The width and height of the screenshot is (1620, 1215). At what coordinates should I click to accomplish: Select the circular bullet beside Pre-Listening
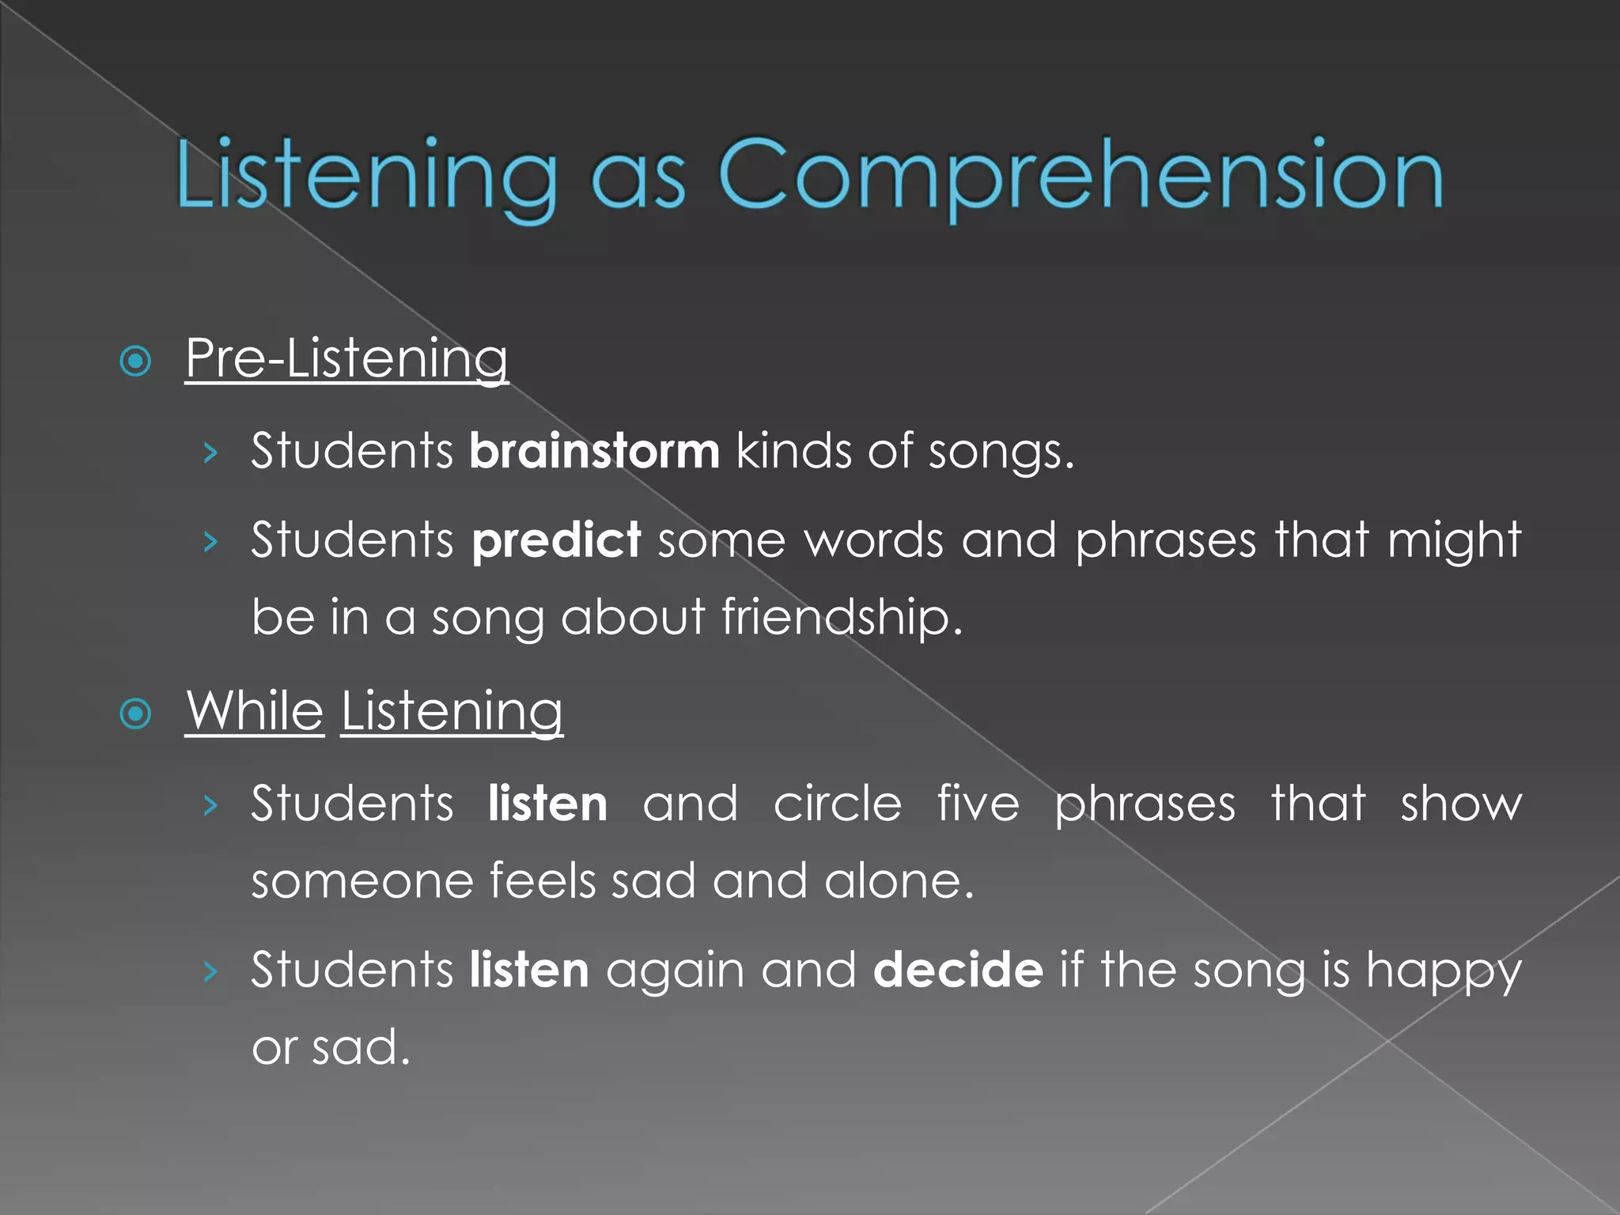point(135,361)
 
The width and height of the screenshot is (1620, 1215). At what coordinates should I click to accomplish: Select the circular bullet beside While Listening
point(135,713)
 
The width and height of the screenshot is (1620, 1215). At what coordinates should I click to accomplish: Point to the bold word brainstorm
point(594,451)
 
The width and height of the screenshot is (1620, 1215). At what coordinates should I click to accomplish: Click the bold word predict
point(556,540)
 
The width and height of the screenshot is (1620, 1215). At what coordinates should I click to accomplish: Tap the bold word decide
point(958,970)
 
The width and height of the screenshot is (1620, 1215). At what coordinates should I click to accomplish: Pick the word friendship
point(842,617)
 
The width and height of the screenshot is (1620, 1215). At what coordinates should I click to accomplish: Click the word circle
point(837,804)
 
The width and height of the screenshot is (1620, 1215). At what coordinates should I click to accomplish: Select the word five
point(978,804)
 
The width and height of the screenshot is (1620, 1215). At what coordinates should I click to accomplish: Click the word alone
point(899,881)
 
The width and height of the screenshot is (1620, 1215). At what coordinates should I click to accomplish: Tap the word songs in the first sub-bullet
point(1001,452)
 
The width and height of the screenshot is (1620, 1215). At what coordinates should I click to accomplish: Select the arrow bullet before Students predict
point(210,542)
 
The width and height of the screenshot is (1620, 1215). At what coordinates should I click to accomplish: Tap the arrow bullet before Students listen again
point(210,971)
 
